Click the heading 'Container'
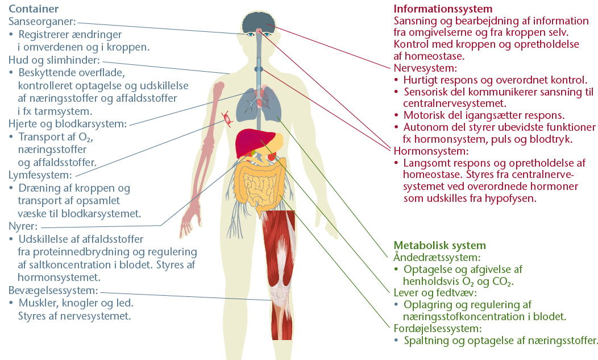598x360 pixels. [x=34, y=9]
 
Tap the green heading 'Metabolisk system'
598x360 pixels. [x=440, y=245]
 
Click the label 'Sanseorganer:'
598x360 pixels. [x=42, y=22]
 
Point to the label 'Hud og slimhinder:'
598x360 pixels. [x=54, y=60]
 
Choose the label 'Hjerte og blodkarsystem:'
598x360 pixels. [x=68, y=124]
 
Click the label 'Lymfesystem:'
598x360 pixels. [x=40, y=175]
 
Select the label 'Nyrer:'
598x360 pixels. [x=23, y=226]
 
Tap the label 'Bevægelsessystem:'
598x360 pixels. [x=53, y=291]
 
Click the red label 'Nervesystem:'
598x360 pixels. [x=425, y=68]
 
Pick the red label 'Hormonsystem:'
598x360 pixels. [x=431, y=151]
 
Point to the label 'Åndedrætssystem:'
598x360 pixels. [x=437, y=257]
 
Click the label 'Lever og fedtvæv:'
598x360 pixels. [x=435, y=293]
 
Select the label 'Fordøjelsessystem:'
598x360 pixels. [x=438, y=328]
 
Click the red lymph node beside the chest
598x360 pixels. [x=227, y=119]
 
